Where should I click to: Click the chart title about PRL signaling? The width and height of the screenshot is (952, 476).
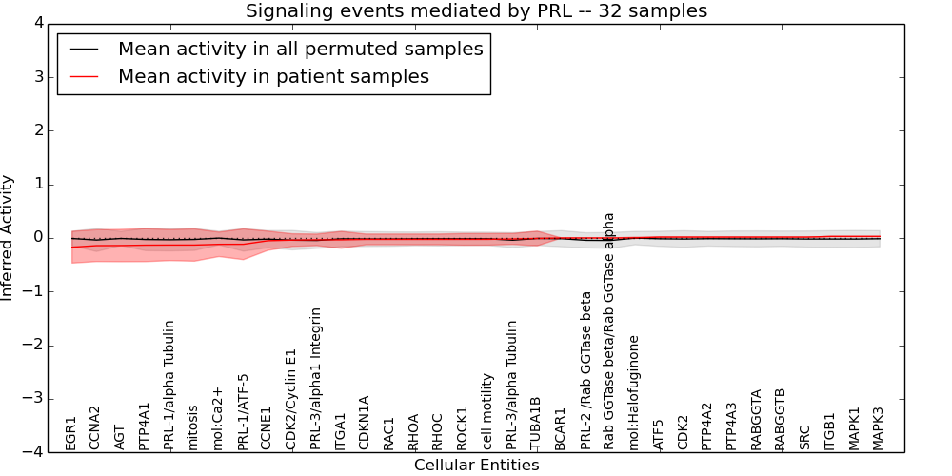click(x=476, y=11)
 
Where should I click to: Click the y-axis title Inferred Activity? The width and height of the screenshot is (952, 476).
click(x=8, y=237)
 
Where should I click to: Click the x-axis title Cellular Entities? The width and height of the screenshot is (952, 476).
click(x=476, y=466)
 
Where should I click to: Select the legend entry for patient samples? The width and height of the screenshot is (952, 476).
click(x=273, y=76)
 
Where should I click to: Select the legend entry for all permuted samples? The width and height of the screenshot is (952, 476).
click(x=300, y=50)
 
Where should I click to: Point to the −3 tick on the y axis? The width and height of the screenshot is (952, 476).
click(x=38, y=399)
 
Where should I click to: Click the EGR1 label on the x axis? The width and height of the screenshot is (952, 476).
click(x=71, y=432)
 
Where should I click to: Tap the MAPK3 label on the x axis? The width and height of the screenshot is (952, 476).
click(x=879, y=427)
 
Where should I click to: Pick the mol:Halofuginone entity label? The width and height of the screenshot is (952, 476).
click(x=634, y=391)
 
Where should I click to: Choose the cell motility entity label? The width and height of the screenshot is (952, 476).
click(x=487, y=410)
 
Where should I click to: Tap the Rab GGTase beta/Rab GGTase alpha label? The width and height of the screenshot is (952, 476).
click(x=610, y=330)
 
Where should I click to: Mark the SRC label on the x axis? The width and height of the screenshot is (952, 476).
click(x=805, y=437)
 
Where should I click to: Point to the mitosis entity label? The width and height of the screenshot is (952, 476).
click(x=193, y=426)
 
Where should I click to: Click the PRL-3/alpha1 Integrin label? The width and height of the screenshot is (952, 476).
click(x=316, y=378)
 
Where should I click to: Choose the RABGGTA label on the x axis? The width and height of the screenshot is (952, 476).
click(x=757, y=419)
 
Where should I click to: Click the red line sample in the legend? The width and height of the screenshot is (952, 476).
click(x=84, y=77)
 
